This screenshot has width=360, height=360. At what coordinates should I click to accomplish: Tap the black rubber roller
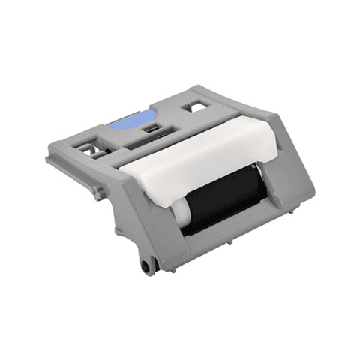(217, 197)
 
